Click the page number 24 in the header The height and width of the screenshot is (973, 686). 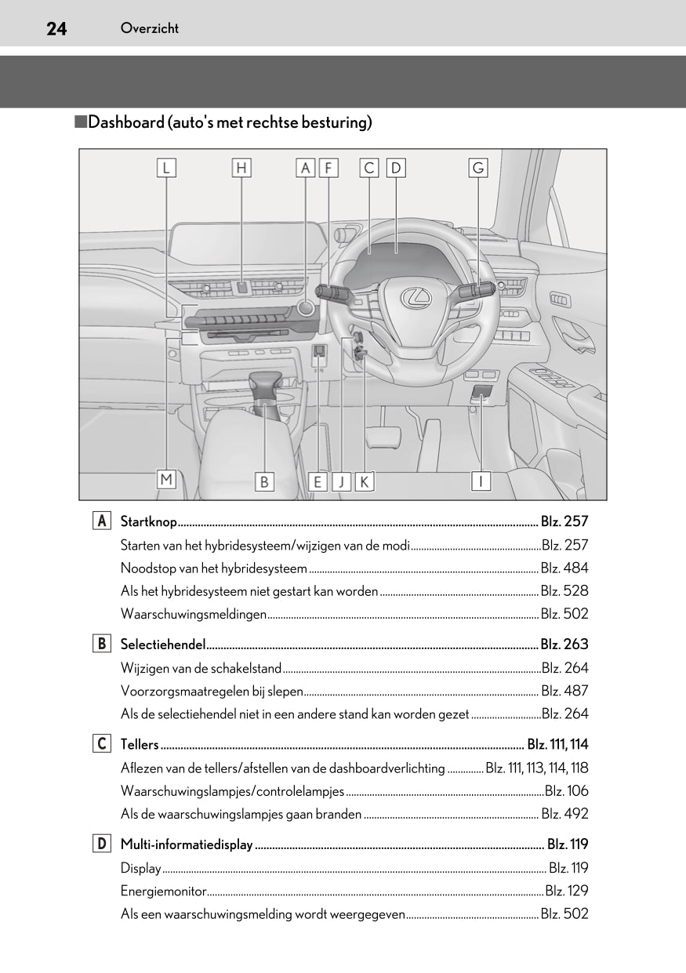point(56,29)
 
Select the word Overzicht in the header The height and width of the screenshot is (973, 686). point(150,28)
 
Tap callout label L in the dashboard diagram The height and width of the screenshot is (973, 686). point(166,168)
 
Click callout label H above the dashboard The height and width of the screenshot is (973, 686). point(241,168)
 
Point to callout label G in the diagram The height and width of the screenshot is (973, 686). point(477,168)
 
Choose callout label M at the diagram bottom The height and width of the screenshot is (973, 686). point(166,479)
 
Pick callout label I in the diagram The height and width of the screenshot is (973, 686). point(481,481)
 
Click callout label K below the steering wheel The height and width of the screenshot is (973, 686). point(365,481)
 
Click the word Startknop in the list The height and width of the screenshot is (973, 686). point(149,521)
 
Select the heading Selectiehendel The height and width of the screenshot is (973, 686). point(163,644)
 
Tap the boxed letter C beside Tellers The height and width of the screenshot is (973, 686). point(101,743)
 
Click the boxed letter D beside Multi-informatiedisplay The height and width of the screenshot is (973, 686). point(101,844)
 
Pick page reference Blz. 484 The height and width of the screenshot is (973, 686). point(564,568)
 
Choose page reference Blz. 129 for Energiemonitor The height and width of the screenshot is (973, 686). point(566,891)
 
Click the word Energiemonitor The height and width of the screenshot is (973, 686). point(164,891)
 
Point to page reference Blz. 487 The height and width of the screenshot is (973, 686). point(564,691)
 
